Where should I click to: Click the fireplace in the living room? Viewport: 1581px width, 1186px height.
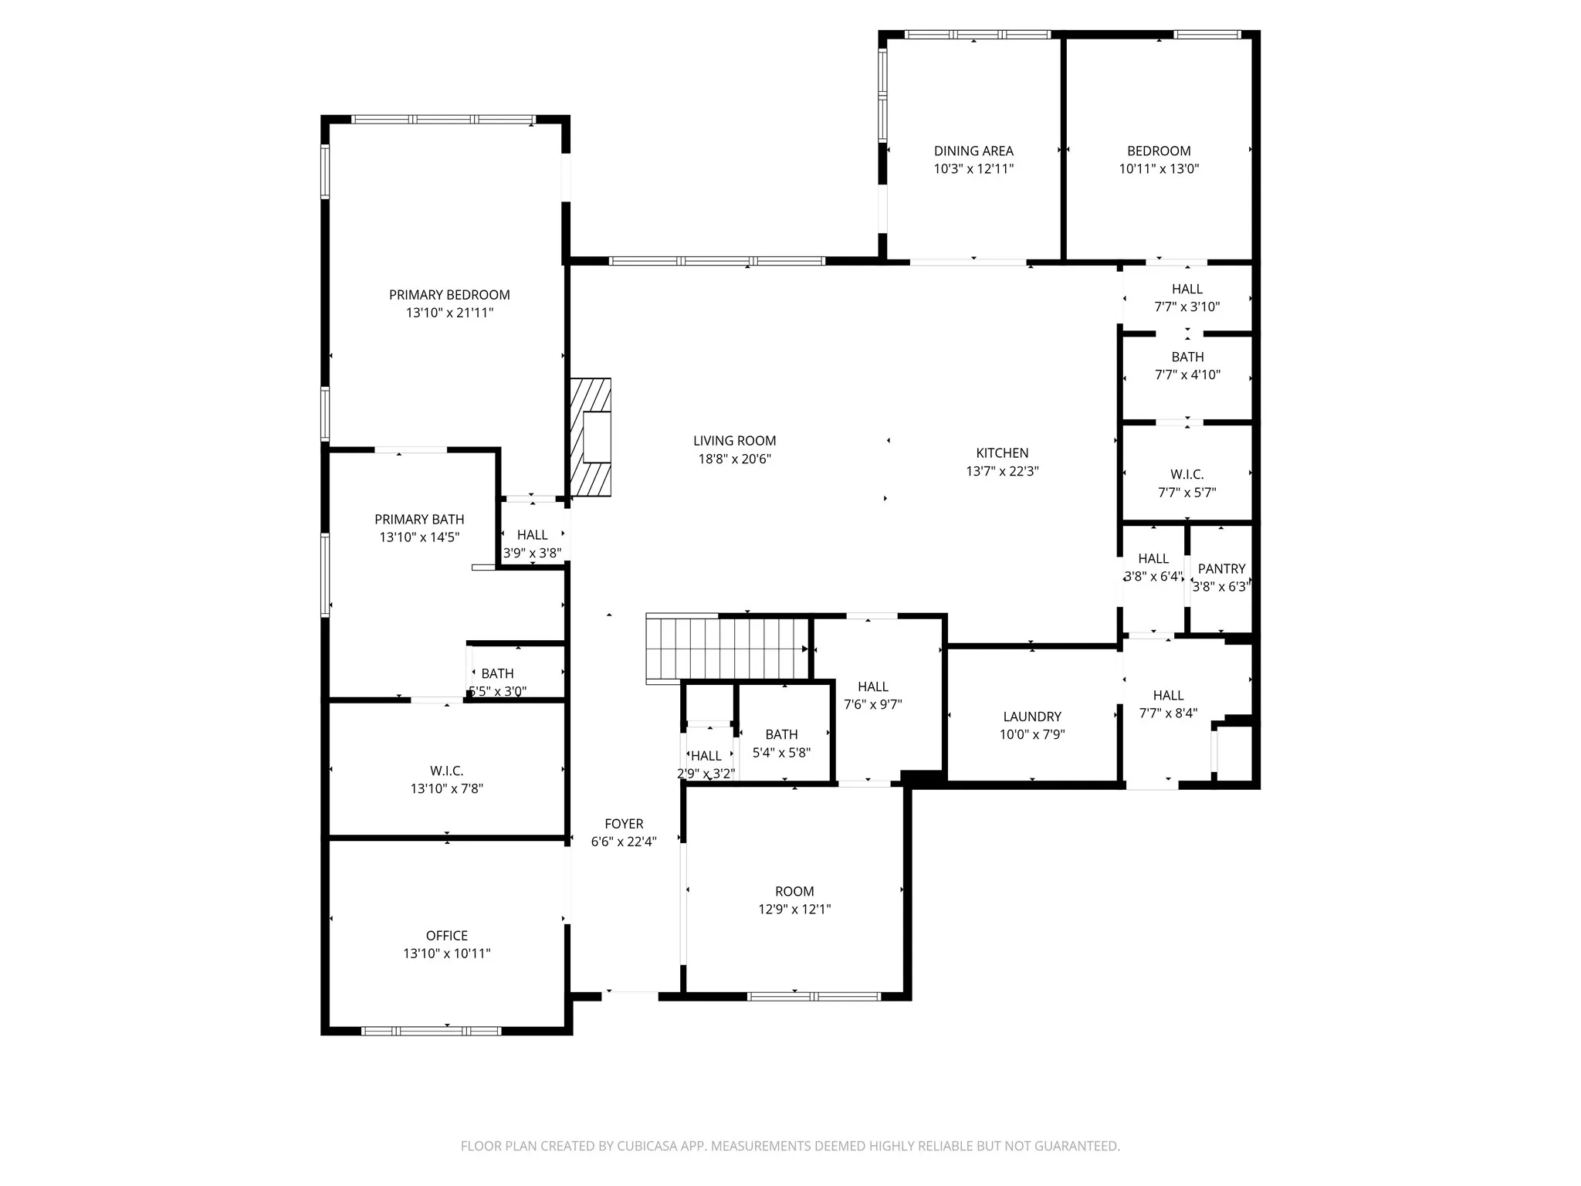point(591,437)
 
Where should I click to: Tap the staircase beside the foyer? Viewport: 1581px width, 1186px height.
point(727,649)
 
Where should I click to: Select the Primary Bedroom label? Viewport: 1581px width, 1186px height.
point(449,295)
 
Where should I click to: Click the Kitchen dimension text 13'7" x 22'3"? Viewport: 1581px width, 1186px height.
point(1002,471)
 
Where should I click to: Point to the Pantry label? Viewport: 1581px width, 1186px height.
point(1222,569)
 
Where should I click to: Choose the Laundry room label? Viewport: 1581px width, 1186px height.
point(1032,717)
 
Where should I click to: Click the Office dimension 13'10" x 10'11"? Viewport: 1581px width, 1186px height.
point(447,954)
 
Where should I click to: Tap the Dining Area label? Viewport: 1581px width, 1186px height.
point(973,151)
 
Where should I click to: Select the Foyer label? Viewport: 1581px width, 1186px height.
point(624,824)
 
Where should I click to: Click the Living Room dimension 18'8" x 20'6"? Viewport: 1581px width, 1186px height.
point(735,459)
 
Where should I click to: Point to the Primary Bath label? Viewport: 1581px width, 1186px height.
point(420,520)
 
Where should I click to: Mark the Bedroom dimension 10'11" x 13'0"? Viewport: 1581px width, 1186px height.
point(1159,169)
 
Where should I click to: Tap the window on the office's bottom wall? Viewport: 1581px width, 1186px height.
point(432,1031)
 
